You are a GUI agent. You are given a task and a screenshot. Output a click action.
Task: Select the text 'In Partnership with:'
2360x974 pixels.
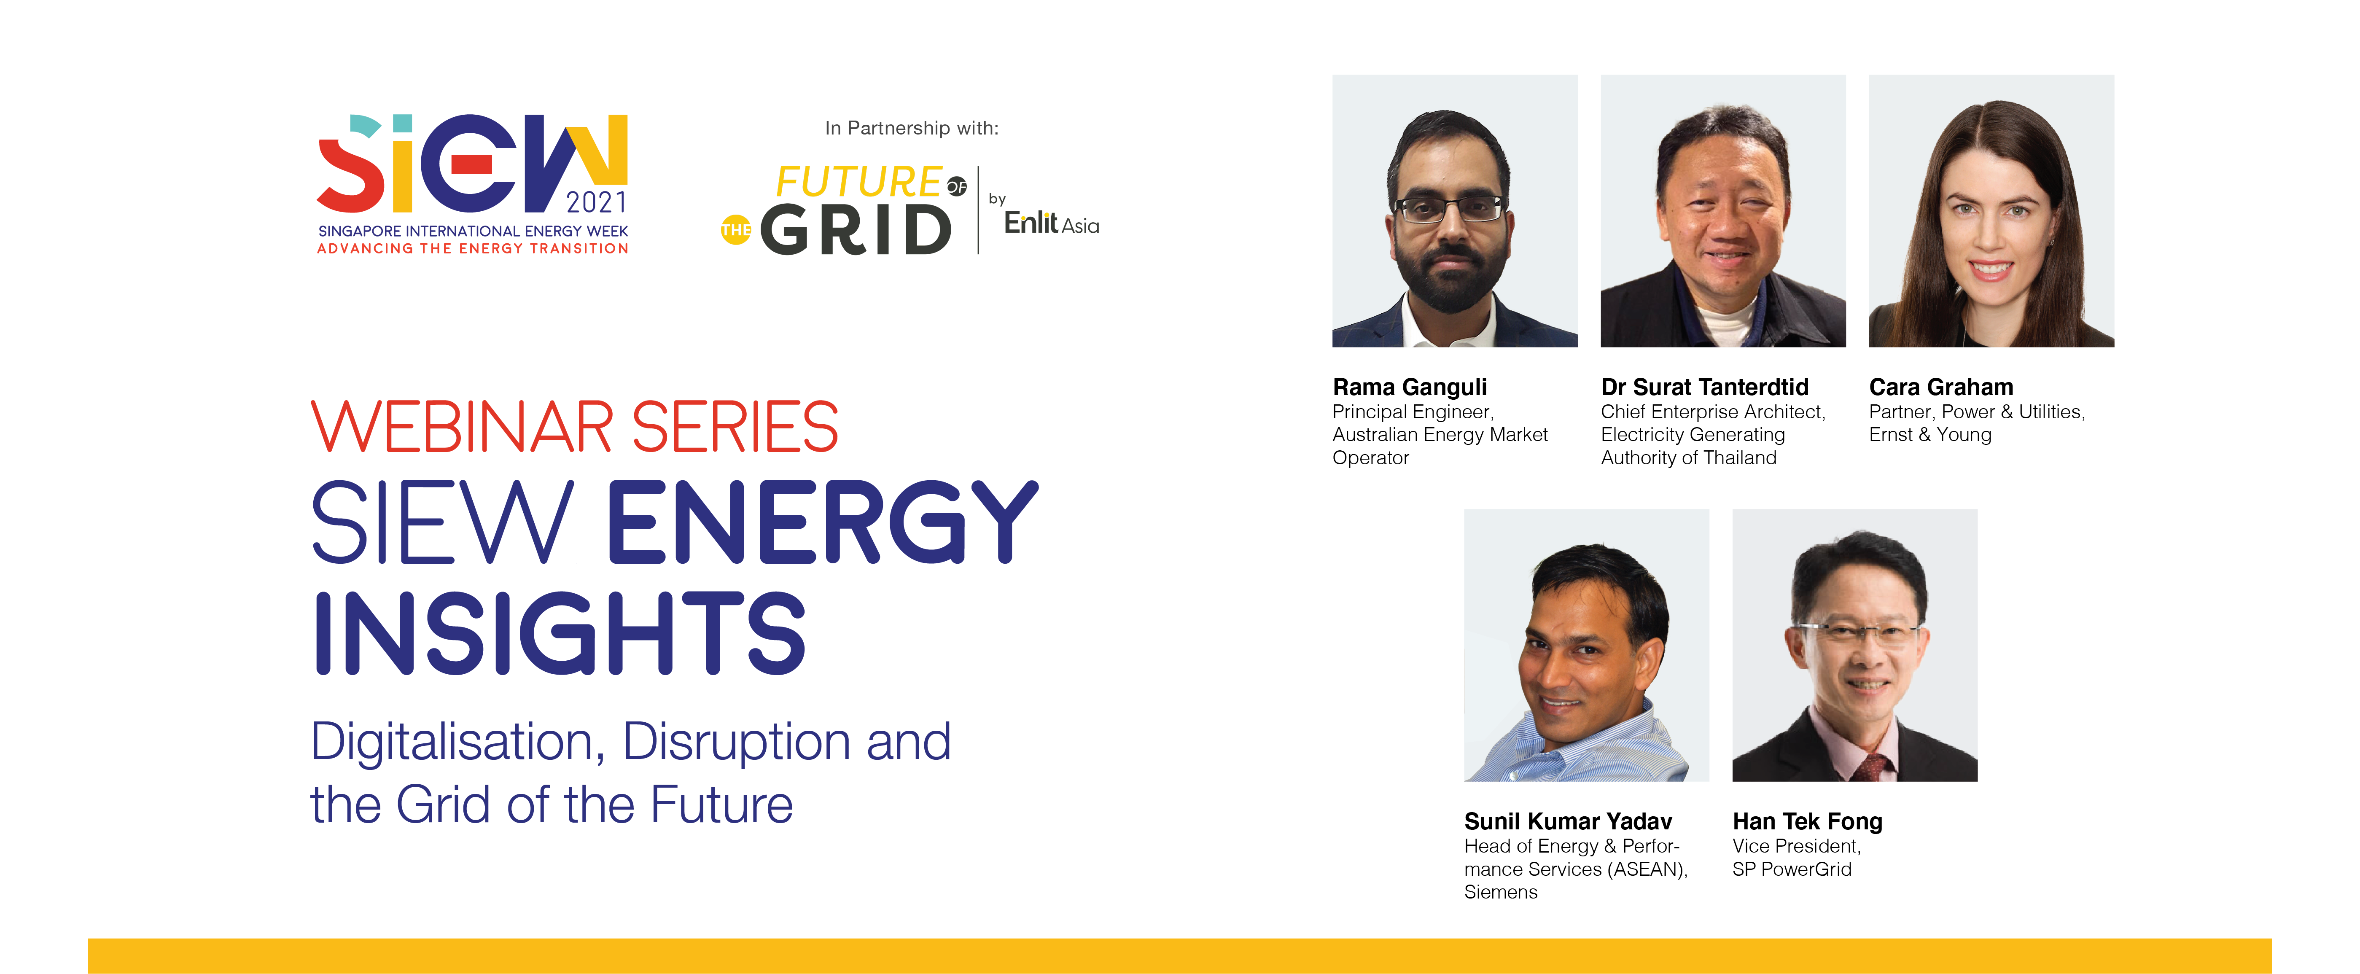tap(912, 128)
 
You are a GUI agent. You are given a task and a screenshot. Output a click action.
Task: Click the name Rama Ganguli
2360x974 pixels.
tap(1409, 387)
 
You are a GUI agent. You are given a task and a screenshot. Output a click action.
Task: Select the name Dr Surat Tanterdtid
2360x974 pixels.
tap(1704, 387)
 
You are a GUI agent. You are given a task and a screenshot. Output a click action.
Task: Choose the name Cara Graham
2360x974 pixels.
tap(1940, 387)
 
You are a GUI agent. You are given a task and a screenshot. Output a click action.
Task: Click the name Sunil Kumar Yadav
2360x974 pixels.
tap(1568, 822)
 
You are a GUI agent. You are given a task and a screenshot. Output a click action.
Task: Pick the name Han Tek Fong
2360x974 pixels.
tap(1807, 822)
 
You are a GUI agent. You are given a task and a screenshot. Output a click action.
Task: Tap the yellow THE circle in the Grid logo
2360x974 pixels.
tap(736, 230)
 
